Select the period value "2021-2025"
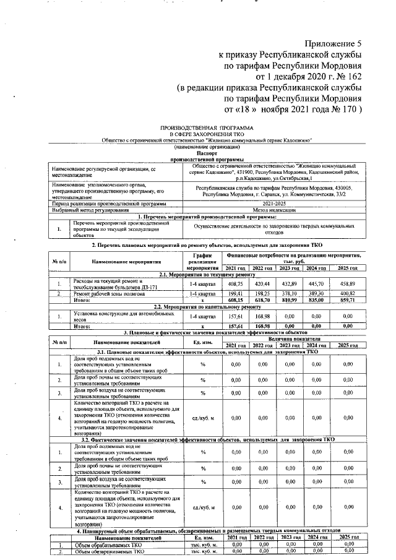click(x=274, y=204)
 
